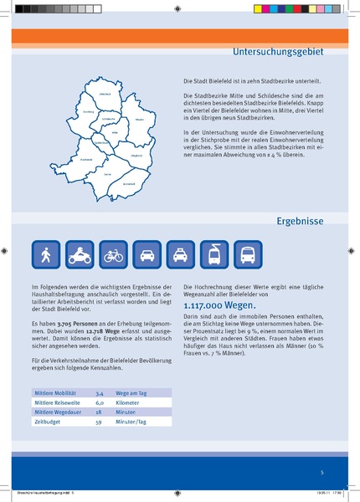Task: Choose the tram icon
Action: click(x=215, y=254)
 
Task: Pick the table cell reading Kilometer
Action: click(x=130, y=402)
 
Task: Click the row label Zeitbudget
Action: click(x=45, y=423)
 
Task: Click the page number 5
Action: click(x=321, y=473)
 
